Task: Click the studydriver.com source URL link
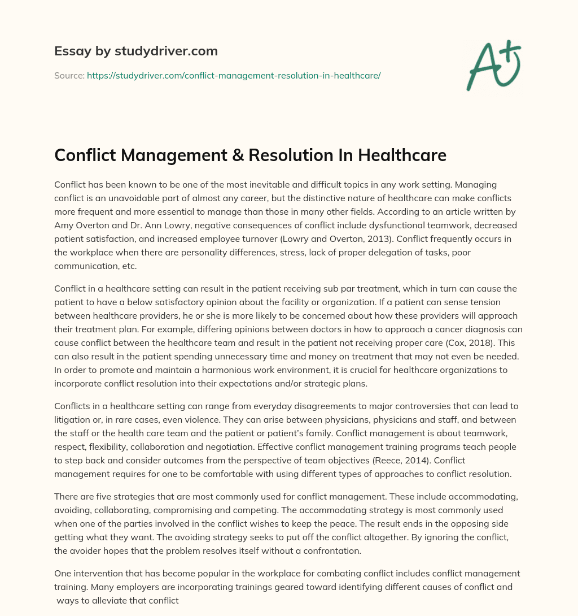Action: click(234, 75)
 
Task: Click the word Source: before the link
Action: click(69, 75)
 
